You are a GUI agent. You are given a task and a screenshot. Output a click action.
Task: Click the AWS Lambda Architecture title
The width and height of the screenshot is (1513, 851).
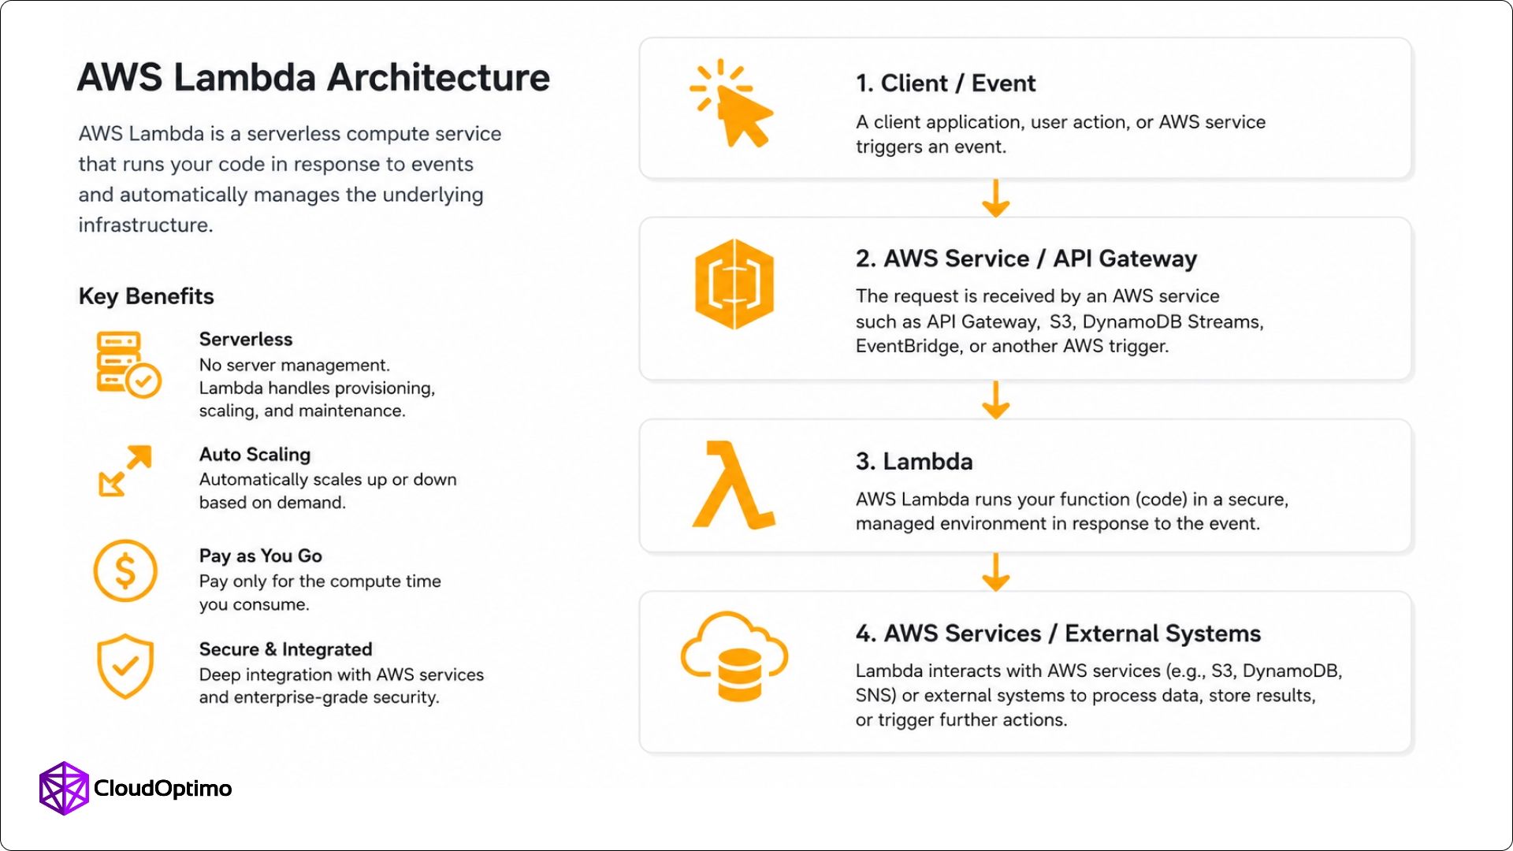coord(314,77)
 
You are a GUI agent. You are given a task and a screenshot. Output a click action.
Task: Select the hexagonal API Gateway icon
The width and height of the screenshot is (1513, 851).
coord(734,284)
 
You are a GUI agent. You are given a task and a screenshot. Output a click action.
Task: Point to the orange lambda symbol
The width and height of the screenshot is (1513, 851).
coord(734,485)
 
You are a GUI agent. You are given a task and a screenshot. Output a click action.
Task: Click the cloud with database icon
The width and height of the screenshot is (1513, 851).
coord(734,656)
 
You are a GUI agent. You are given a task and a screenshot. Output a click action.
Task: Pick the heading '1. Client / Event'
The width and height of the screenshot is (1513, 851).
coord(946,83)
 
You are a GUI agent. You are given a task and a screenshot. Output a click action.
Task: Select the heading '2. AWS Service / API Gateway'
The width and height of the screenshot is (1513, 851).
coord(1026,258)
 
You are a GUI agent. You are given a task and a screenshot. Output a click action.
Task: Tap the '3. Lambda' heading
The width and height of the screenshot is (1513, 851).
coord(914,461)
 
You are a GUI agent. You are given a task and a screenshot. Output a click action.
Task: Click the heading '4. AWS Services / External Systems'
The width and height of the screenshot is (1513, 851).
coord(1058,634)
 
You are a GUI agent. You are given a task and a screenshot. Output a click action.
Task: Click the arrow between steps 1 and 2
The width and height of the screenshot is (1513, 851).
coord(996,198)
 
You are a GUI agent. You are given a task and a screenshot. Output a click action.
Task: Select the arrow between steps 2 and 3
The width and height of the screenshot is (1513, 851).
coord(996,399)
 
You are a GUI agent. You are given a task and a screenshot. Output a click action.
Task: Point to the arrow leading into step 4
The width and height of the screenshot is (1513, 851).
coord(996,571)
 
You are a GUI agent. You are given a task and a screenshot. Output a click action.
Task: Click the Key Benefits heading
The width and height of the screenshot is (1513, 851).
coord(147,296)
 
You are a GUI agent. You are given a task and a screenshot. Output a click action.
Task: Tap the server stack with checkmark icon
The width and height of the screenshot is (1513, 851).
coord(128,364)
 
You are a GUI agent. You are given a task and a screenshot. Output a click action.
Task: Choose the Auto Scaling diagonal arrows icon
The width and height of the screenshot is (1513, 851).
coord(125,470)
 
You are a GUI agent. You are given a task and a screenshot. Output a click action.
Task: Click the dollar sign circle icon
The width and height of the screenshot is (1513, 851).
coord(125,570)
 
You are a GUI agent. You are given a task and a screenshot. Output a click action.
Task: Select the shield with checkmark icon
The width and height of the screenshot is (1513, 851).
coord(125,667)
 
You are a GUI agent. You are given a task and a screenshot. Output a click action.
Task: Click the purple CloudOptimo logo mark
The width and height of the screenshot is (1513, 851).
coord(64,788)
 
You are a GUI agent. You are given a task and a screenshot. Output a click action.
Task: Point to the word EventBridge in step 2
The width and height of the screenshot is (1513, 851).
coord(909,347)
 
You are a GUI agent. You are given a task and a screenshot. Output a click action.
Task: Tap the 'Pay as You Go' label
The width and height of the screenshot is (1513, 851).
coord(261,556)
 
